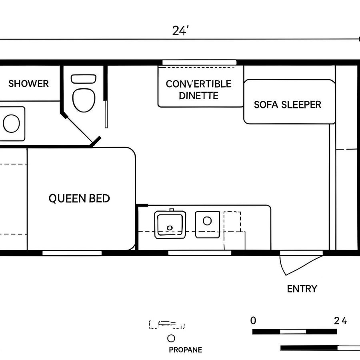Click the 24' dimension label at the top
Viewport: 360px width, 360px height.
click(x=180, y=31)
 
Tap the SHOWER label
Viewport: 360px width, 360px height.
click(x=28, y=84)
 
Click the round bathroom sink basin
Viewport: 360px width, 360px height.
click(x=11, y=123)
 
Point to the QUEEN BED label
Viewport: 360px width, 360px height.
click(x=79, y=198)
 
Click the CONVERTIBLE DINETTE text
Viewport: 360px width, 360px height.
click(x=199, y=90)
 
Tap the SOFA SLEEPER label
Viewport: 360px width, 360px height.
click(x=288, y=105)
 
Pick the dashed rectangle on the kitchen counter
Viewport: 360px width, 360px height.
click(x=232, y=224)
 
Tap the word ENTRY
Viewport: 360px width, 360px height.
click(x=302, y=289)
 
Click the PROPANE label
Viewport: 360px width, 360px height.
click(x=185, y=350)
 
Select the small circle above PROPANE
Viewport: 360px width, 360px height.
click(x=171, y=338)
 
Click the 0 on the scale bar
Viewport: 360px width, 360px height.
click(x=253, y=320)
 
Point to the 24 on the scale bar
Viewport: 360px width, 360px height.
click(x=340, y=320)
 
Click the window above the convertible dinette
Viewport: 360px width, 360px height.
click(x=199, y=62)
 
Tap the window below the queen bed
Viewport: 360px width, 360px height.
click(x=72, y=253)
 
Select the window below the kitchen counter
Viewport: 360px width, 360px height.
click(x=200, y=253)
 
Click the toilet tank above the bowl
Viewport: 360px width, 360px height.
click(x=84, y=79)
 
